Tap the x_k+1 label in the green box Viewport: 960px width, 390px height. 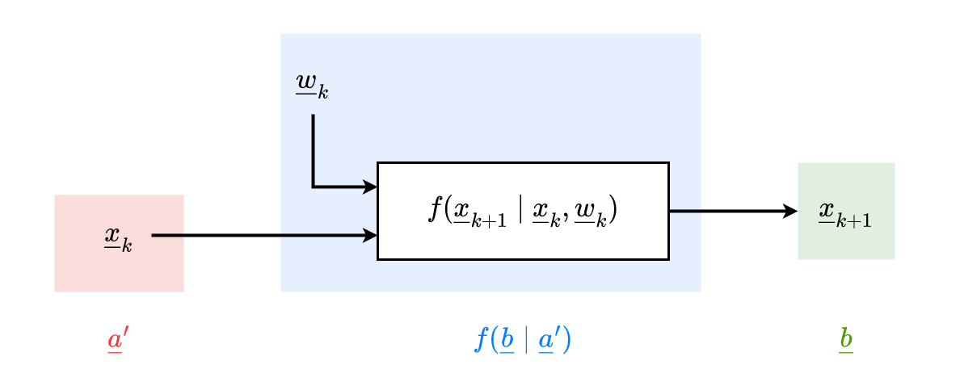pos(845,213)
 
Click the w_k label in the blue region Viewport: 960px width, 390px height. pos(312,86)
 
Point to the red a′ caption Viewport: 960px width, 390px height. pos(118,341)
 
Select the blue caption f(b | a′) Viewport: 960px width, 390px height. pos(522,340)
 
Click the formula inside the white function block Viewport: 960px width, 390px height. pos(522,211)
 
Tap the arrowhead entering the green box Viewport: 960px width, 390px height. pos(791,212)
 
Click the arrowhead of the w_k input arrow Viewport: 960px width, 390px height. pos(371,187)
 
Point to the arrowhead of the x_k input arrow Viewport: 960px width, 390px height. pos(371,236)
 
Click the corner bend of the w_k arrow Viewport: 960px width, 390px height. pos(314,187)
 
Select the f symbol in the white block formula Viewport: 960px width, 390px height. pos(436,209)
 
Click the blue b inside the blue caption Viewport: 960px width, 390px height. pos(507,340)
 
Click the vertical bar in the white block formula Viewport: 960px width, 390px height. pos(520,211)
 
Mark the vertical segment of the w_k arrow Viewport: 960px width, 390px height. pos(314,149)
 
